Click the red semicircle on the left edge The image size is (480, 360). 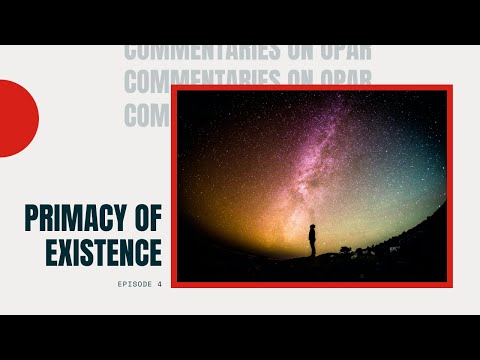pyautogui.click(x=16, y=118)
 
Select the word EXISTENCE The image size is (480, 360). pyautogui.click(x=104, y=253)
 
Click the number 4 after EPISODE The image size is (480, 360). pyautogui.click(x=158, y=284)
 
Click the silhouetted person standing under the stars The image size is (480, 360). pyautogui.click(x=312, y=240)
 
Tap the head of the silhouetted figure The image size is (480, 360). pyautogui.click(x=312, y=227)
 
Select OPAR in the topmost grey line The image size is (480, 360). pyautogui.click(x=326, y=52)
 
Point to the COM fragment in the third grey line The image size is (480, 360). pyautogui.click(x=146, y=113)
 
